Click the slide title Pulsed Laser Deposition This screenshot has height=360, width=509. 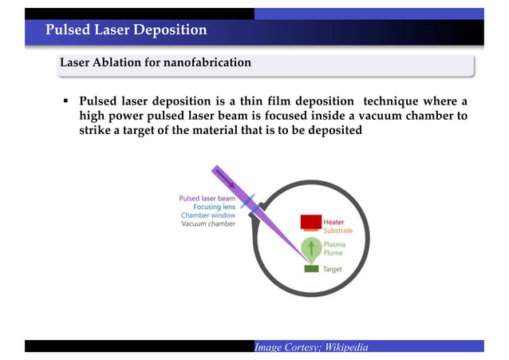point(126,30)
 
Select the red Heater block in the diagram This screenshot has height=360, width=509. point(310,220)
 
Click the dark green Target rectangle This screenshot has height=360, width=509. point(310,269)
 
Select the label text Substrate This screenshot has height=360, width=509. point(337,231)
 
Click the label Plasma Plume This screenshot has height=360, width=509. point(334,248)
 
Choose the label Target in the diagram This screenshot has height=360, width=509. point(332,270)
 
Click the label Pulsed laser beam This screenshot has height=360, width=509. point(207,198)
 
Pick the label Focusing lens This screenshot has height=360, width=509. point(213,207)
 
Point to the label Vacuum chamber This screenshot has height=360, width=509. point(208,224)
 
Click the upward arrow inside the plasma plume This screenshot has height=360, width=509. point(310,247)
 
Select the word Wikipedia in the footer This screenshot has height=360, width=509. point(344,346)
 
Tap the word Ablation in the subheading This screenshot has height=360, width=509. point(120,62)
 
